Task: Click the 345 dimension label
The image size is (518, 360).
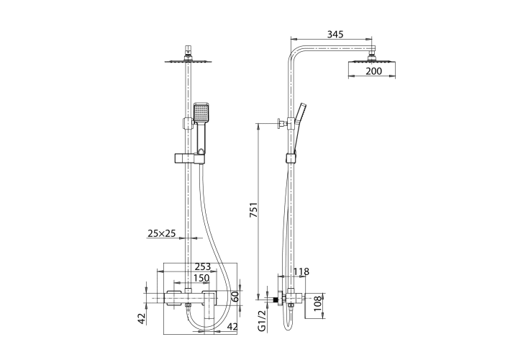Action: click(335, 34)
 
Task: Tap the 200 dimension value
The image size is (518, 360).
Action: click(373, 71)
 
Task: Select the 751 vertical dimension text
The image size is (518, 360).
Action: click(253, 210)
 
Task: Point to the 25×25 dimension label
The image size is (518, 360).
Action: click(161, 234)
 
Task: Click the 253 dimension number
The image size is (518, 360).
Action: click(202, 266)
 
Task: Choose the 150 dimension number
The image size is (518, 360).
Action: click(201, 279)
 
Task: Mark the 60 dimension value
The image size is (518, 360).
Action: click(235, 297)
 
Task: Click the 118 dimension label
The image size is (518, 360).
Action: click(301, 271)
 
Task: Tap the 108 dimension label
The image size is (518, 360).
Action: click(317, 303)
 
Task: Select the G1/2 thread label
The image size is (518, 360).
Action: click(262, 320)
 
